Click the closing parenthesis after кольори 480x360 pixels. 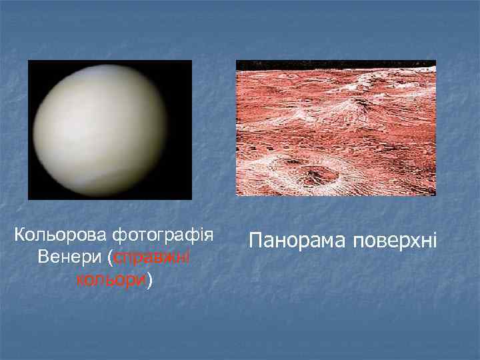pos(150,280)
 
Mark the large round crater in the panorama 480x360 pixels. pos(316,175)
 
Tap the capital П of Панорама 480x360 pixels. pos(257,239)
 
